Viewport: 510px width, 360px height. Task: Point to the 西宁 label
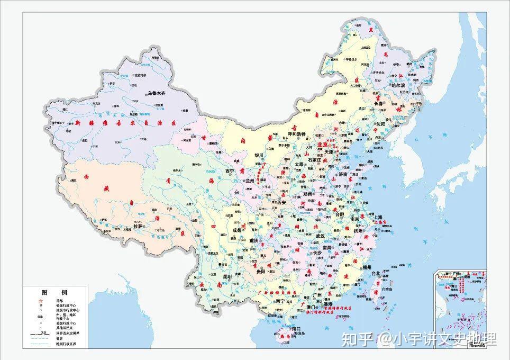pos(230,171)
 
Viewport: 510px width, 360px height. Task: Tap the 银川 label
pos(259,156)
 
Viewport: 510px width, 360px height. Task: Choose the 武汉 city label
pos(320,236)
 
